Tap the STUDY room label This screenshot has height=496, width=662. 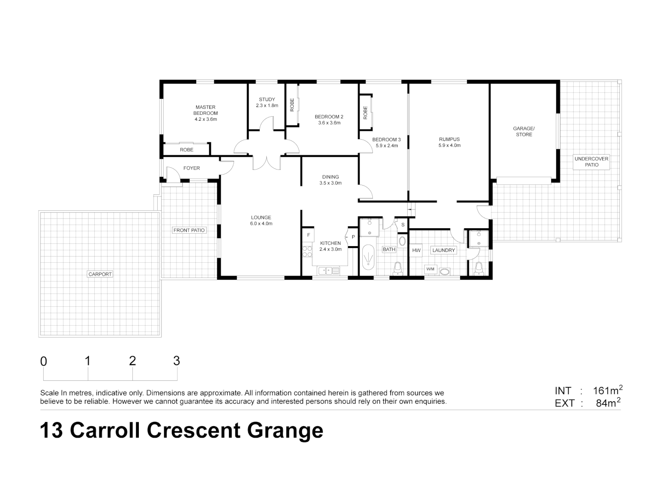coord(267,99)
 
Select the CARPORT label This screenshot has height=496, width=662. coord(100,274)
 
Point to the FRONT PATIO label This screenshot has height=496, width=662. coord(189,230)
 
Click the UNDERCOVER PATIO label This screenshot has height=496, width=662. coord(592,162)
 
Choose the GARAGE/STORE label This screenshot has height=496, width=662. coord(524,131)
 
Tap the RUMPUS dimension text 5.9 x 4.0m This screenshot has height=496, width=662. coord(449,146)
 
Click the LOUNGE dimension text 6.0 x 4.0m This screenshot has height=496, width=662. coord(261,224)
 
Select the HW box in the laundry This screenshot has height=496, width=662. coord(416,250)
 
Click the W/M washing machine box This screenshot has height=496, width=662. coord(430,269)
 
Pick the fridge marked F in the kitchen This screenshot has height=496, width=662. coord(308,235)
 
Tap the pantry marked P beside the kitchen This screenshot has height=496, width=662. coord(353,237)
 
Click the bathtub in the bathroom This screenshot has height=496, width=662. coord(368,257)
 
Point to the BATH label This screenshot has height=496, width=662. coord(389,249)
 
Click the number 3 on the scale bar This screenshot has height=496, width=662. coord(177,361)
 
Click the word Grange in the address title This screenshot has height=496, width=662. coord(285,430)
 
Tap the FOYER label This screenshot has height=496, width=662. coord(192,168)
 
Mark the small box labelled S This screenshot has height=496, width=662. coord(403,225)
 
